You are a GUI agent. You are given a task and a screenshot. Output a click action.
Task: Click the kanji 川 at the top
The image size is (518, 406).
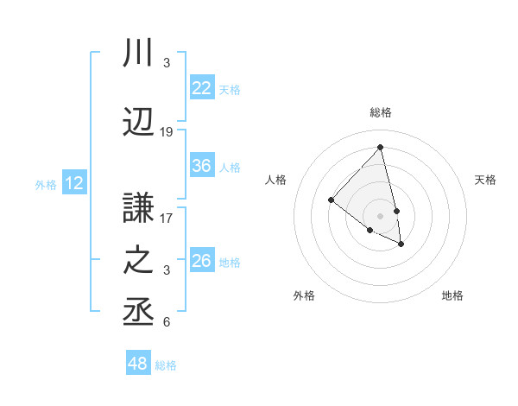139,53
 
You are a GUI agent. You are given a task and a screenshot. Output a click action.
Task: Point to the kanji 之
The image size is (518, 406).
139,261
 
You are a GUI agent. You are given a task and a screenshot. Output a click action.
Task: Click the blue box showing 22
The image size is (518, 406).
202,88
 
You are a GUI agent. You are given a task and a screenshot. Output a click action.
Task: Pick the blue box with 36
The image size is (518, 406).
202,166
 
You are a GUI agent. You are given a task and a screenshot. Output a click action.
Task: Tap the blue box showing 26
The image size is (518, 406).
202,261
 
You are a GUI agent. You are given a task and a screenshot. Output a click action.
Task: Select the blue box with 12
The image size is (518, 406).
74,183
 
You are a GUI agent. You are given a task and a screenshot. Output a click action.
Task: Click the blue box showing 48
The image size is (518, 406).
138,364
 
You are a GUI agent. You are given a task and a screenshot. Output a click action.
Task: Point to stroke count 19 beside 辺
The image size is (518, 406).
167,132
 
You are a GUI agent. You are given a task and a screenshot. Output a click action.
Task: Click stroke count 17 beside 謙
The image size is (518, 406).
167,219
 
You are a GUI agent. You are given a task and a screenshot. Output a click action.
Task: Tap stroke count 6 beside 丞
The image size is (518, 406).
167,322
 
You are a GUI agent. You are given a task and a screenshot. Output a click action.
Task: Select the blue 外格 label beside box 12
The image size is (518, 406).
46,184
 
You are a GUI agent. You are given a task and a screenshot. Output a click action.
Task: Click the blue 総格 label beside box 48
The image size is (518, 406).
166,365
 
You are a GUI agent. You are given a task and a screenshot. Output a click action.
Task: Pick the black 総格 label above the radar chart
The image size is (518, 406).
380,112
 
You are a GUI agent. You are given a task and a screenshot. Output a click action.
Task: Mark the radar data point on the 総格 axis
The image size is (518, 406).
380,147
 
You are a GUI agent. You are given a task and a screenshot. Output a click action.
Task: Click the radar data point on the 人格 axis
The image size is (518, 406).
331,200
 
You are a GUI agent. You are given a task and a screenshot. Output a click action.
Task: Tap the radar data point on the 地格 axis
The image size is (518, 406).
401,244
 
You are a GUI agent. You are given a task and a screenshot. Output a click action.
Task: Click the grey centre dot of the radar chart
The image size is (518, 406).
380,215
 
